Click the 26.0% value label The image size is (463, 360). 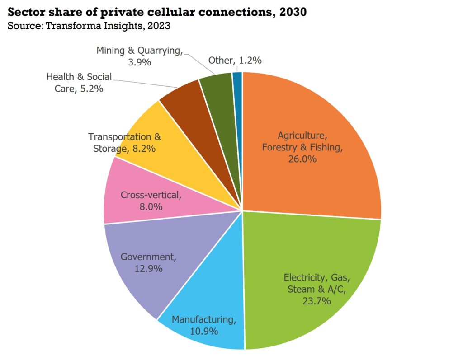click(302, 159)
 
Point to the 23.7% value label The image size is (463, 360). click(317, 301)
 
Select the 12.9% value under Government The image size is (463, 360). click(147, 268)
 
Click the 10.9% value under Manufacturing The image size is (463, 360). click(203, 331)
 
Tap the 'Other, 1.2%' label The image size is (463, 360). click(235, 60)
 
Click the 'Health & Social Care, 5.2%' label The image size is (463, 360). click(79, 82)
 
